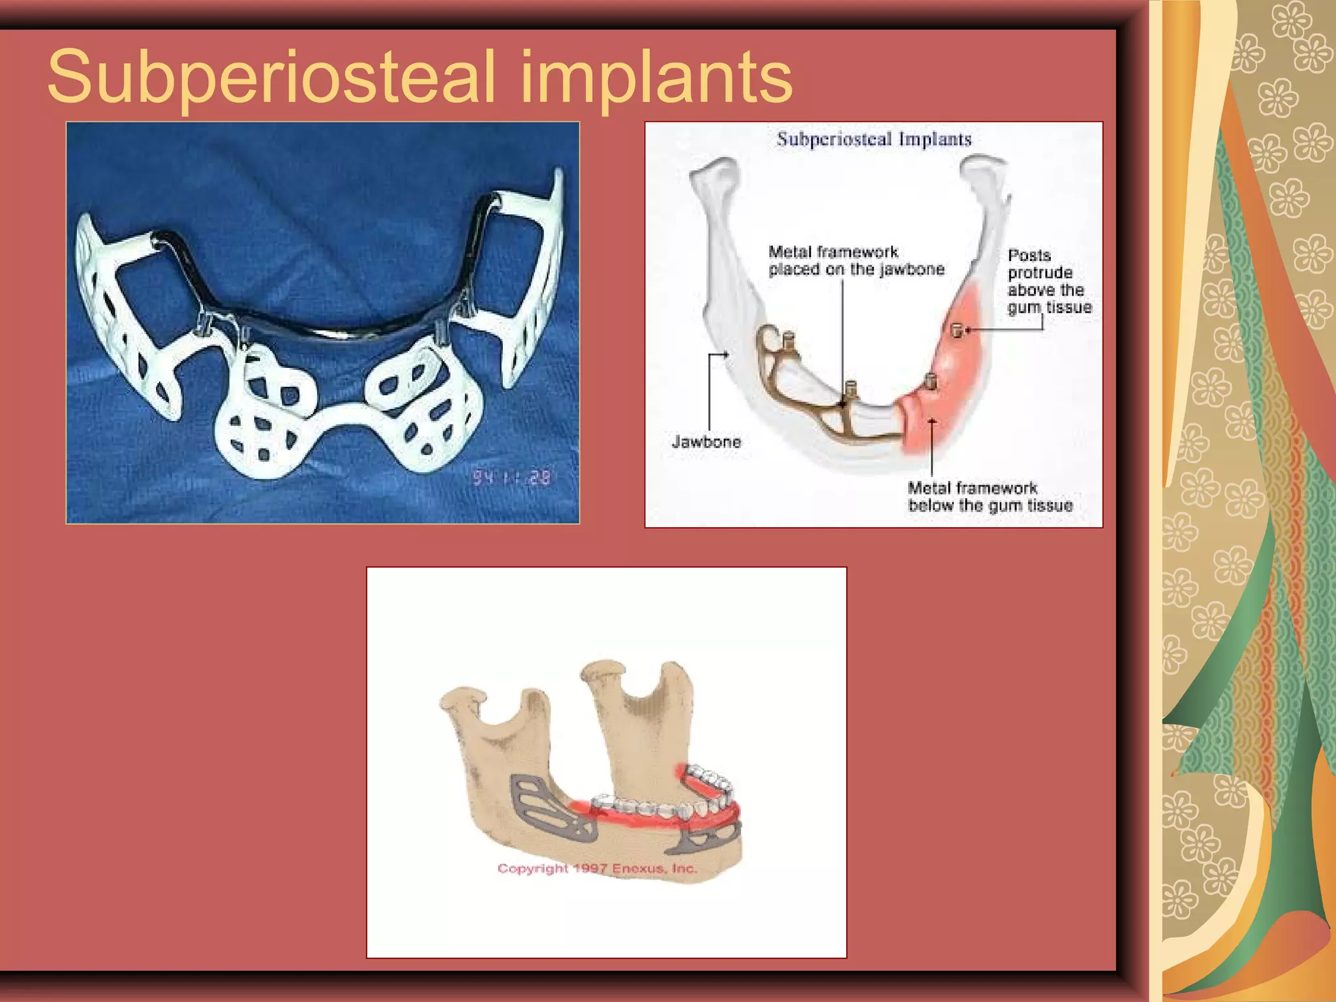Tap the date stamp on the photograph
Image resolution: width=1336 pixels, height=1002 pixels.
tap(512, 478)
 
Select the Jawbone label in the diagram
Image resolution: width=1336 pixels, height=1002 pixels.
tap(706, 442)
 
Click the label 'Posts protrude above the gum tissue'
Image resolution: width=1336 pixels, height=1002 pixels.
tap(1049, 281)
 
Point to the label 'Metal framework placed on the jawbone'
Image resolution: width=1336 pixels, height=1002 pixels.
tap(856, 260)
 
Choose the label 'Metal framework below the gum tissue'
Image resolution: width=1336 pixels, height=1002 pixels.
tap(990, 496)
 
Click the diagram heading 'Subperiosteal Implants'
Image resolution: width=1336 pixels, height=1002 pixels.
tap(874, 139)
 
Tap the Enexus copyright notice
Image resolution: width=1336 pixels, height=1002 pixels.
tap(597, 868)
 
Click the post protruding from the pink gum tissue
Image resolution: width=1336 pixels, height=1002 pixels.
tap(958, 330)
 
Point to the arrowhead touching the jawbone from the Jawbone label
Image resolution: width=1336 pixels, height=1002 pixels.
tap(726, 355)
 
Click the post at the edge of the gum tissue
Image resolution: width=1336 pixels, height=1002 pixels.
tap(930, 380)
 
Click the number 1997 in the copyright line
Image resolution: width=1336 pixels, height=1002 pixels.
tap(590, 868)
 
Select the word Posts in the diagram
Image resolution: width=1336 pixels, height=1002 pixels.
tap(1029, 255)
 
